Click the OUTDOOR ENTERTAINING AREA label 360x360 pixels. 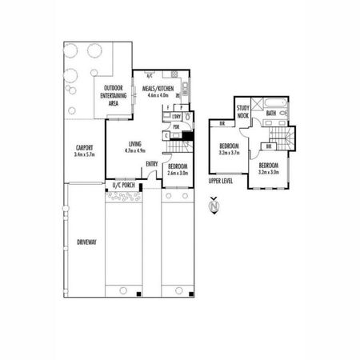112,94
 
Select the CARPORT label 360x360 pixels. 84,147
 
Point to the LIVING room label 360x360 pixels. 134,145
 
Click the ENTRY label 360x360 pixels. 152,166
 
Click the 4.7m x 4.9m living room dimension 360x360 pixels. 134,151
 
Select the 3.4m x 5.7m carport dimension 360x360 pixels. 84,154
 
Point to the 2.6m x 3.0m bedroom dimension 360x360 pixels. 178,173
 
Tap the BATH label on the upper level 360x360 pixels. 271,114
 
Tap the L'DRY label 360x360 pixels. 177,118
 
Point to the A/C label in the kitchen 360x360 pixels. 149,75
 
